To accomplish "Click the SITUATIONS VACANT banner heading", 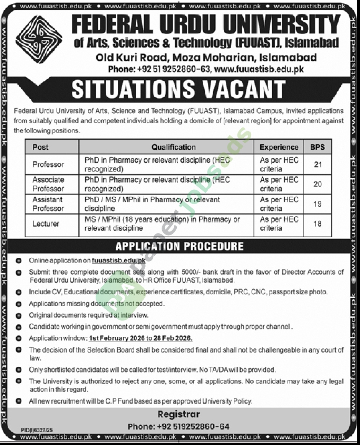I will [x=178, y=89].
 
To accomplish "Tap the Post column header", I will [x=40, y=147].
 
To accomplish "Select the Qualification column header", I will [x=174, y=147].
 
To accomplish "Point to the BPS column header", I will [x=317, y=147].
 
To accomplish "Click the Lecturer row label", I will [x=46, y=224].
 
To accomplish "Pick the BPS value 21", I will [x=318, y=164].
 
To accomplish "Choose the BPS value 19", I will [x=318, y=204].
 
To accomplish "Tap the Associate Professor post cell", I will [x=48, y=184].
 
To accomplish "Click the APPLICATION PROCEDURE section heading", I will [x=179, y=246].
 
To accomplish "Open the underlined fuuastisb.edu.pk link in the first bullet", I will [x=119, y=261].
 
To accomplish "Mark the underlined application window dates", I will [x=140, y=338].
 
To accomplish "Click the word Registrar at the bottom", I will [x=178, y=414].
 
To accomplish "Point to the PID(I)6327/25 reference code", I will [x=37, y=430].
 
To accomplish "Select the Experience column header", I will [x=279, y=147].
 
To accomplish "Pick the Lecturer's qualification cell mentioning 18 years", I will [x=162, y=224].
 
